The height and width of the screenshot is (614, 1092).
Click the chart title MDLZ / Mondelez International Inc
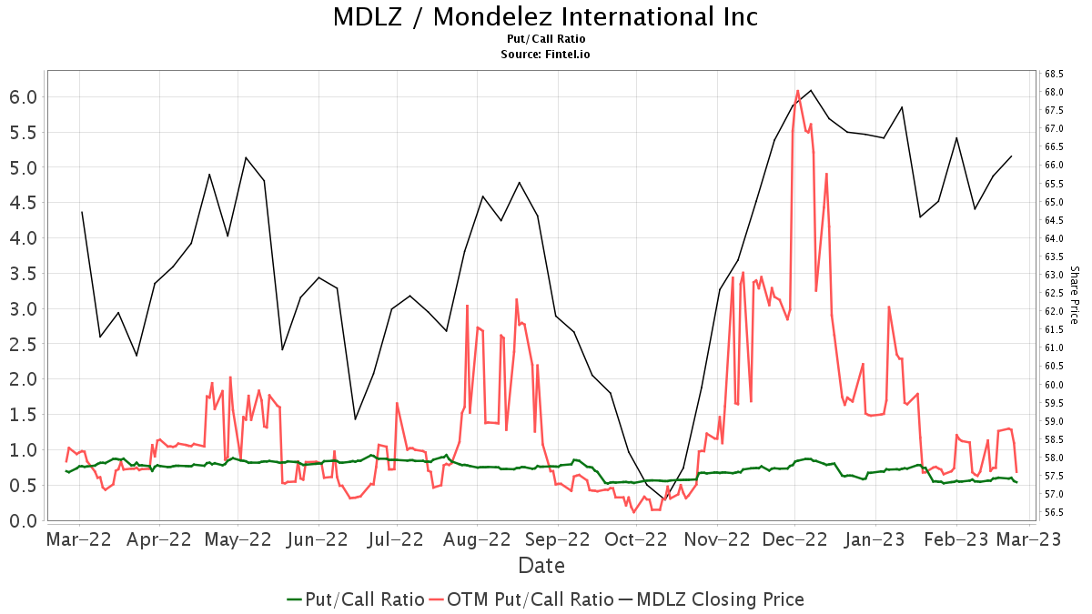pos(545,17)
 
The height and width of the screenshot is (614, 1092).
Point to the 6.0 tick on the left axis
pos(23,97)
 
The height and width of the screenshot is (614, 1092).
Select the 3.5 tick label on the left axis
pos(23,274)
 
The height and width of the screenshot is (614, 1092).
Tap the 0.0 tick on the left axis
pos(23,520)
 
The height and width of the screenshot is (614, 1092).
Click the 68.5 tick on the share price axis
pos(1056,74)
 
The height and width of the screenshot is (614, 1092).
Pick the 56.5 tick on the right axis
pos(1056,512)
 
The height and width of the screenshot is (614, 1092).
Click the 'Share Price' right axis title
pos(1075,295)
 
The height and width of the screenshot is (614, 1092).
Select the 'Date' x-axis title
pos(541,566)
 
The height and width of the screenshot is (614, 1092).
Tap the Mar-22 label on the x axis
pos(79,539)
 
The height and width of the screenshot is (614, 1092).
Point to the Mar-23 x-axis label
pos(1028,539)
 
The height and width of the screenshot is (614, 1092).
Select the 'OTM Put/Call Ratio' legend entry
pos(531,599)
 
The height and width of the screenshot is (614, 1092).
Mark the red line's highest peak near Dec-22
pos(797,91)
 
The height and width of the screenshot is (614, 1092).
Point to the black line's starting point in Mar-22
pos(82,212)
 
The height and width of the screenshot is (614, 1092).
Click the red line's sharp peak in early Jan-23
pos(888,307)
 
